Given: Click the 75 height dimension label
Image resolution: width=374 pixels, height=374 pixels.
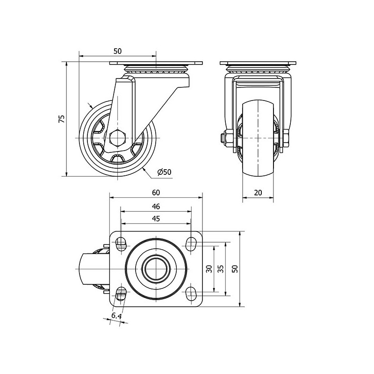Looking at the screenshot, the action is pyautogui.click(x=62, y=119).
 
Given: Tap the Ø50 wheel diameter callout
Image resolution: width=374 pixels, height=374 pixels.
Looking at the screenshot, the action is pyautogui.click(x=165, y=172).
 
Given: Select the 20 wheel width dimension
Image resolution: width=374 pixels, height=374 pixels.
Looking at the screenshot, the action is pyautogui.click(x=258, y=193).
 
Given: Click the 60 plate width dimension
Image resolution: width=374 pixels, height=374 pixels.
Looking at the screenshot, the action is pyautogui.click(x=156, y=193).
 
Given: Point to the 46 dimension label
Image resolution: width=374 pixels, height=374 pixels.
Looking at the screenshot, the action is pyautogui.click(x=156, y=207).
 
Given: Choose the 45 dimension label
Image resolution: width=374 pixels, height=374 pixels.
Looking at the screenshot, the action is pyautogui.click(x=156, y=219).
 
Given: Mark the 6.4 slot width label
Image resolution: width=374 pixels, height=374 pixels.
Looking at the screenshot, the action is pyautogui.click(x=116, y=316).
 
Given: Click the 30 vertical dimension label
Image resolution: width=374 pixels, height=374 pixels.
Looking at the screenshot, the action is pyautogui.click(x=209, y=269).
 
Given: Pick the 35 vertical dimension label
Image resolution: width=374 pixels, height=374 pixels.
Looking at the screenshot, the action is pyautogui.click(x=221, y=269).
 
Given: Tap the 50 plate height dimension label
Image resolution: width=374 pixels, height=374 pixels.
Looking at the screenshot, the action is pyautogui.click(x=235, y=269).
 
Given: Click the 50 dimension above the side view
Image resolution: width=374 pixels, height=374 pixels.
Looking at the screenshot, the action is pyautogui.click(x=117, y=51).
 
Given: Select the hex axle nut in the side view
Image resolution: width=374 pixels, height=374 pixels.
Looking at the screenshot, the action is pyautogui.click(x=117, y=138).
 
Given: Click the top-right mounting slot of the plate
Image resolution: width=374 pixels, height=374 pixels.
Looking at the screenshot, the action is pyautogui.click(x=191, y=244).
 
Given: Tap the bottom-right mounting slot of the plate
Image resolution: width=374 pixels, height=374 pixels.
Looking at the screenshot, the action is pyautogui.click(x=191, y=294).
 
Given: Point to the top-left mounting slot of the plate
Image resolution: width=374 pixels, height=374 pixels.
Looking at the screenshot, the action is pyautogui.click(x=121, y=244).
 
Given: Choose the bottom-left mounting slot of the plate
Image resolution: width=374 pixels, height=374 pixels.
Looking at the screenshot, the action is pyautogui.click(x=121, y=294).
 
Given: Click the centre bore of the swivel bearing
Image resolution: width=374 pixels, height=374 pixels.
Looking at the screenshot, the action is pyautogui.click(x=156, y=269).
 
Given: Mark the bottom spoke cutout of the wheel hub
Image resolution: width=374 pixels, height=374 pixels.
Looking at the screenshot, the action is pyautogui.click(x=117, y=158).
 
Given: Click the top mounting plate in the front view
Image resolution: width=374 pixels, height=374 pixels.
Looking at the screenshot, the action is pyautogui.click(x=258, y=64).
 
